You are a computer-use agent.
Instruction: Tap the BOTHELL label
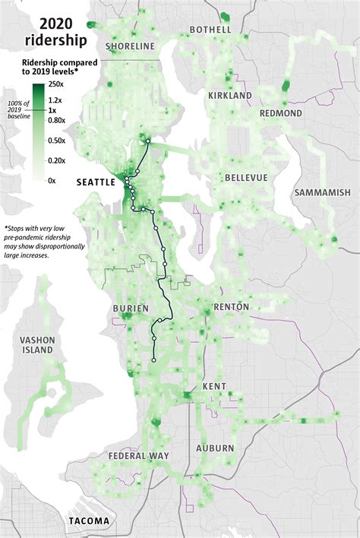click(210, 30)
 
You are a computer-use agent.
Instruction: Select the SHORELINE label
click(130, 46)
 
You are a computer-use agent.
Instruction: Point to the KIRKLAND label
click(230, 96)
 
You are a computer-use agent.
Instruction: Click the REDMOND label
click(280, 113)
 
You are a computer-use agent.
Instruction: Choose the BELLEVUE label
click(246, 177)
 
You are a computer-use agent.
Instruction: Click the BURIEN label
click(129, 309)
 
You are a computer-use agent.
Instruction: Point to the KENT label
click(213, 387)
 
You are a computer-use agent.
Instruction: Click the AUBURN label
click(215, 448)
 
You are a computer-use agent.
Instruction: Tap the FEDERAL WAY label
click(137, 456)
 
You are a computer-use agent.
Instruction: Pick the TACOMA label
click(88, 521)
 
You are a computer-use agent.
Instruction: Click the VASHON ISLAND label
click(36, 345)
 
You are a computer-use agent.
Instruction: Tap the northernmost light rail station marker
click(148, 141)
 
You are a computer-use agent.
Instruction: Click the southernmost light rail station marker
click(154, 359)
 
